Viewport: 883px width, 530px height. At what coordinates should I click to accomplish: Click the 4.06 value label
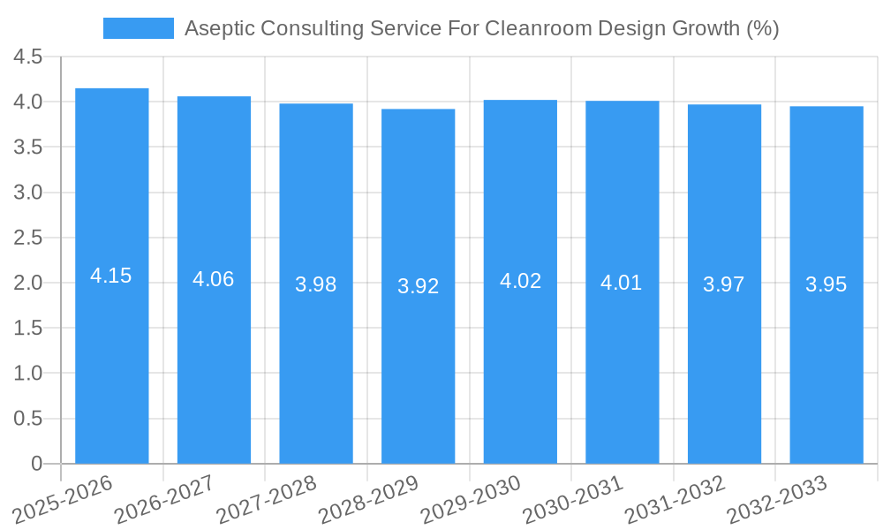(214, 279)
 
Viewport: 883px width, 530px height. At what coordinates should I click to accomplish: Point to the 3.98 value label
(316, 284)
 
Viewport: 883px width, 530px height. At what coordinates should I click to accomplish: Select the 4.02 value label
(520, 281)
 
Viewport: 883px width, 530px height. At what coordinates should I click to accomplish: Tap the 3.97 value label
(724, 284)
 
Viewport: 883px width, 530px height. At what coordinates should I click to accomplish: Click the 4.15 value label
(111, 276)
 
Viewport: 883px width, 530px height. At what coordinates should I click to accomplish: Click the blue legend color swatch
(138, 28)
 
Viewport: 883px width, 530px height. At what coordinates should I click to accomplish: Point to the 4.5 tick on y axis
(28, 57)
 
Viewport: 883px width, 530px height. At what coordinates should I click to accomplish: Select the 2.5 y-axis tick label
(28, 238)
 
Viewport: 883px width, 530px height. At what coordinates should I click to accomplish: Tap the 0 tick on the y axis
(36, 464)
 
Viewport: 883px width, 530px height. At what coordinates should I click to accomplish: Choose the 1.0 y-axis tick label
(28, 374)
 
